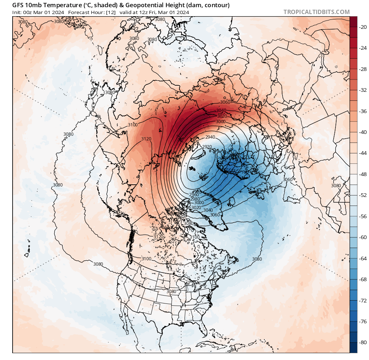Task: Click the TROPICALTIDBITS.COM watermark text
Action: [316, 12]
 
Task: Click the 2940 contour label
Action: [210, 137]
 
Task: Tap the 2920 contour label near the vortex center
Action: [207, 147]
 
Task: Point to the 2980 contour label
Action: [195, 199]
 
